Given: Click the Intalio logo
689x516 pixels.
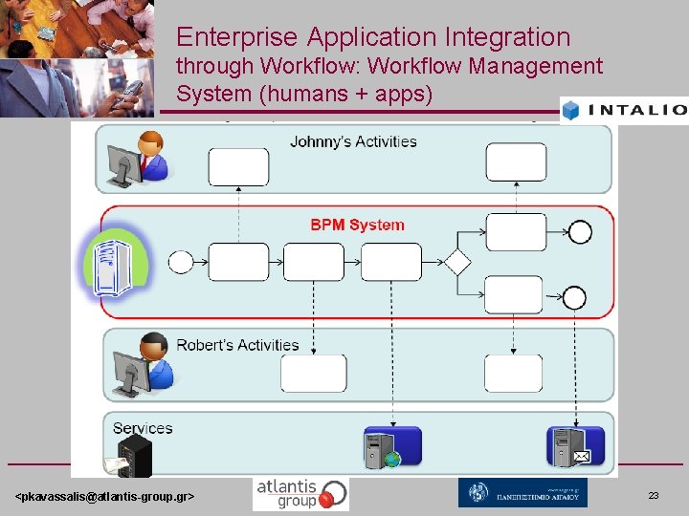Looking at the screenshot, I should [x=624, y=109].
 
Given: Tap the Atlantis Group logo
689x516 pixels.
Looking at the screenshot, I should [x=300, y=493].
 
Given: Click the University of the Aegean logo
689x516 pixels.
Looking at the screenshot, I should [x=522, y=493].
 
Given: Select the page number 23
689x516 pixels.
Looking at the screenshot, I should [x=654, y=496].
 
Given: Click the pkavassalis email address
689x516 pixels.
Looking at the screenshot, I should [x=105, y=497].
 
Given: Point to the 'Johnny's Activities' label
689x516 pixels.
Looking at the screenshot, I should [x=353, y=141].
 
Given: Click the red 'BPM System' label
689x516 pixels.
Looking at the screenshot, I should [x=357, y=226].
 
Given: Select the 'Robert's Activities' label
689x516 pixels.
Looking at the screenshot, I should [x=237, y=345].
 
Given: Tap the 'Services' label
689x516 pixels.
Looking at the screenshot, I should [x=143, y=428].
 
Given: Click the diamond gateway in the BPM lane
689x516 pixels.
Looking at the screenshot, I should [x=456, y=262].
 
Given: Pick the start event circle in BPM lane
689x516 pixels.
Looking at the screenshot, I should [x=180, y=262].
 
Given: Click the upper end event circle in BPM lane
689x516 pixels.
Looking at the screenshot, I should [x=580, y=232].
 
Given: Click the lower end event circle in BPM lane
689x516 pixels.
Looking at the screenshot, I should [x=574, y=297].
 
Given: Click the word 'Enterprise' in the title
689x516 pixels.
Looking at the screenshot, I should [x=237, y=37].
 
